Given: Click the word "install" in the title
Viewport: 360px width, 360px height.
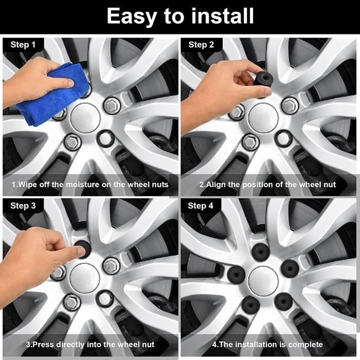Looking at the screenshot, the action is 223,15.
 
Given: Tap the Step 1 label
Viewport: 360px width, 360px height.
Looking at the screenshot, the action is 23,45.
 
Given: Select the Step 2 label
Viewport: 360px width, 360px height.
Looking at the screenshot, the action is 201,45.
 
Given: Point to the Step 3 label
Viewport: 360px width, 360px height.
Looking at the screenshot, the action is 23,206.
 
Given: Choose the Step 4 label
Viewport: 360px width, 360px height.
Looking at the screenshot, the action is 201,206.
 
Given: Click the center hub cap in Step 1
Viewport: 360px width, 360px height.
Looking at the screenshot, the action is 85,118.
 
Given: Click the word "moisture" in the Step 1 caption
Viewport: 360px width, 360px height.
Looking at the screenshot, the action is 83,185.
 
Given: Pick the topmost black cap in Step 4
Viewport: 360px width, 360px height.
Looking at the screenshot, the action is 261,251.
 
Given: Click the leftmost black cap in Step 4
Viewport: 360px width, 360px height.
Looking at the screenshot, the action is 236,274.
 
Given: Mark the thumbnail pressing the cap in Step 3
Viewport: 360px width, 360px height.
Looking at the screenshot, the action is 82,251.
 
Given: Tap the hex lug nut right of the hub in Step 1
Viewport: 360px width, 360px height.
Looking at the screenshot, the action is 112,105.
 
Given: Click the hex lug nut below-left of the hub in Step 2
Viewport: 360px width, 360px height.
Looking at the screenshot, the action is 250,141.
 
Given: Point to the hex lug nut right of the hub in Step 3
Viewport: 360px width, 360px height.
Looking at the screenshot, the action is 112,266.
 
